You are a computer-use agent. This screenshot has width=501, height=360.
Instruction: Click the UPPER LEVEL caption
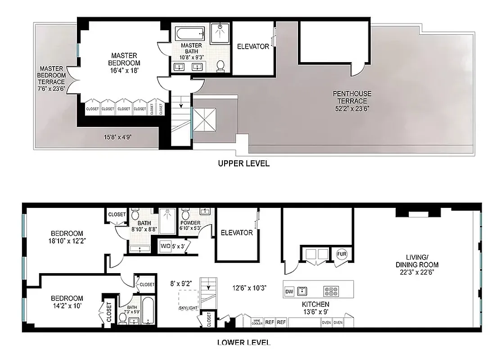[244, 163]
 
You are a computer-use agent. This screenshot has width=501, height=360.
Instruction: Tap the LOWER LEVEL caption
[244, 342]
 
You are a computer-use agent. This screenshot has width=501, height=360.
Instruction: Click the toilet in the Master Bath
[221, 66]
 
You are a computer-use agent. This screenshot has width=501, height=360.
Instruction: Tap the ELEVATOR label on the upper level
[253, 46]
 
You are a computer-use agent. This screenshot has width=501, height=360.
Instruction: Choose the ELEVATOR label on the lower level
[236, 233]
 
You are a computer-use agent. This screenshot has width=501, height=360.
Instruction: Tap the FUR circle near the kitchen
[341, 254]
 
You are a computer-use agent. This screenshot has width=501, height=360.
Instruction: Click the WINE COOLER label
[257, 322]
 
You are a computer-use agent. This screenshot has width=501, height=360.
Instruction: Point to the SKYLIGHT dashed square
[188, 300]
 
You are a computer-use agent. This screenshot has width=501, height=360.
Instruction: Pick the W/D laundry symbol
[166, 246]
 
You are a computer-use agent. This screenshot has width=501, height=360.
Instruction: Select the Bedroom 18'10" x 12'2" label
[68, 237]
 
